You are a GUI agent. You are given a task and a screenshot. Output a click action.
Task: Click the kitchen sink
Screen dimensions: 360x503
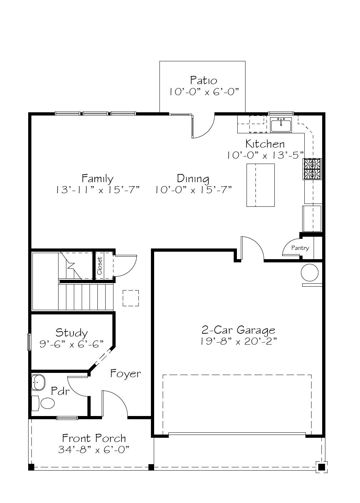[x=281, y=125]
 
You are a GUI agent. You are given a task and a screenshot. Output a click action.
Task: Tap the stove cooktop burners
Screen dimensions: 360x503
[x=312, y=169]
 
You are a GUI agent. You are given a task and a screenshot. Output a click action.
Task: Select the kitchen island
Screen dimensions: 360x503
[x=260, y=185]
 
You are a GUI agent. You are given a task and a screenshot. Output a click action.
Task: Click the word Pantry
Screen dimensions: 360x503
[x=300, y=248]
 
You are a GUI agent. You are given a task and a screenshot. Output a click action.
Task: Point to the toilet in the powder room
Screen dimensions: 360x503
[x=44, y=403]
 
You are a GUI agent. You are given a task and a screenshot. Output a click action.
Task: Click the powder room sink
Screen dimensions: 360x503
[x=38, y=382]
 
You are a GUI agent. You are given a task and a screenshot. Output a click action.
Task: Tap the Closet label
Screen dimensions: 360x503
[x=100, y=266]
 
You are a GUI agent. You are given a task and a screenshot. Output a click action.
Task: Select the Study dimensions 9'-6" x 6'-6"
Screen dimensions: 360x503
[x=71, y=344]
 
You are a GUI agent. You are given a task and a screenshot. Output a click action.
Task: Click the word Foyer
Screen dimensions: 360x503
[x=125, y=374]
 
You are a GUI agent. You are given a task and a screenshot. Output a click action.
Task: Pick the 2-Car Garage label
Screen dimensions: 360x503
[x=238, y=330]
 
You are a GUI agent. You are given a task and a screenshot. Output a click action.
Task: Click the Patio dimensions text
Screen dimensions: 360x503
[x=204, y=92]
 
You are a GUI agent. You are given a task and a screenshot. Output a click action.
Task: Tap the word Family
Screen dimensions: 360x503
[x=97, y=179]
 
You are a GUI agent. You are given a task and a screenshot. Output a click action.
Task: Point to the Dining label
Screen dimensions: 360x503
[x=193, y=179]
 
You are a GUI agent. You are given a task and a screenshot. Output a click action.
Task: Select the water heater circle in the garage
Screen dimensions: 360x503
[x=309, y=273]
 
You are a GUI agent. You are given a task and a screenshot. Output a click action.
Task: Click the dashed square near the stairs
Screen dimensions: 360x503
[x=131, y=298]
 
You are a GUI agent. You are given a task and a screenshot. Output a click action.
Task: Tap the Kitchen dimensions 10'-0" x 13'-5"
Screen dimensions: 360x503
[x=265, y=155]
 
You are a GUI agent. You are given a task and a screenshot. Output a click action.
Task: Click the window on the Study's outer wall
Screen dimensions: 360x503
[x=29, y=342]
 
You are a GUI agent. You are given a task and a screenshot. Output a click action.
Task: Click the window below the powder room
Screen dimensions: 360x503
[x=67, y=418]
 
